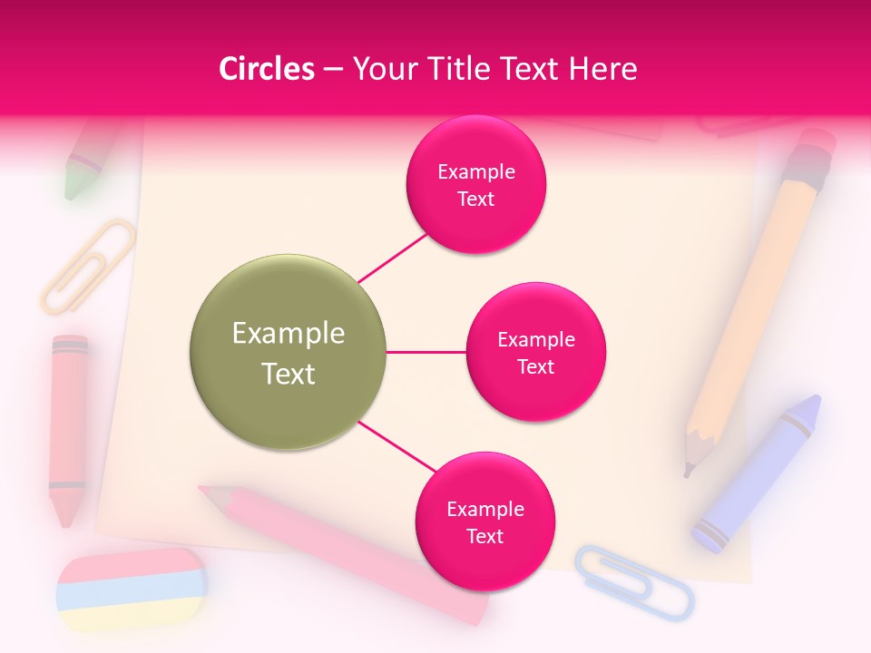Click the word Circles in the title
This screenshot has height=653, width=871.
tap(267, 69)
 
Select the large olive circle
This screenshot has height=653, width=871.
tap(289, 352)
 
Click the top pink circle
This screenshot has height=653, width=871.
tap(475, 184)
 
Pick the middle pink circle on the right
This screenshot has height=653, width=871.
tap(535, 352)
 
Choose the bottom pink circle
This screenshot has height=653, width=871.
tap(484, 521)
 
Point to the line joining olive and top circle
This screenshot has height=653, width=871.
tap(393, 256)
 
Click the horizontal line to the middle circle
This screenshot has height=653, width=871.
tap(426, 352)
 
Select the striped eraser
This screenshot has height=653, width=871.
tap(131, 590)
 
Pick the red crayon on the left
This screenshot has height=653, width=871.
tap(68, 426)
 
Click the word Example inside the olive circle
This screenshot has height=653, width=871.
tap(289, 334)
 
